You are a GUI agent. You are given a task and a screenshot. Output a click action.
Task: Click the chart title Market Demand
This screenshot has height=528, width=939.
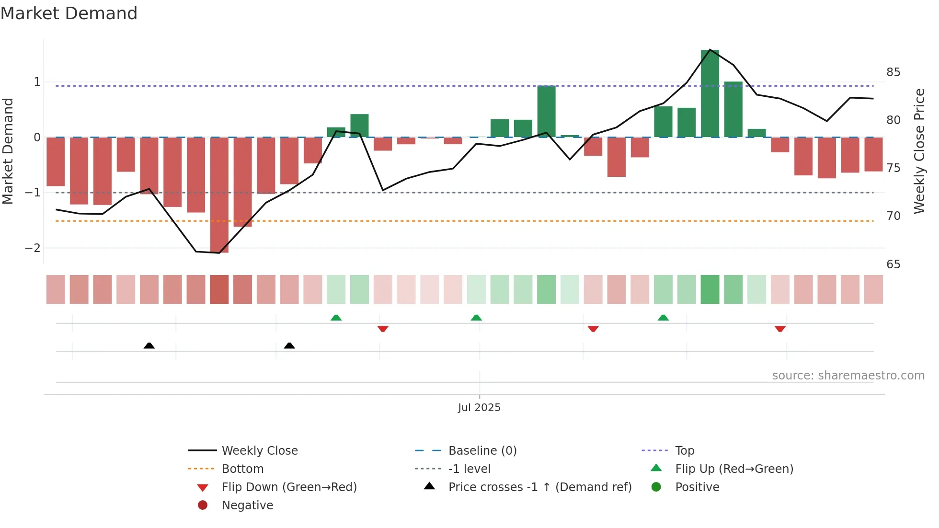click(69, 13)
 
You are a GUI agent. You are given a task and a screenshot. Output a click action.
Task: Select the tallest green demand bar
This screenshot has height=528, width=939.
click(710, 93)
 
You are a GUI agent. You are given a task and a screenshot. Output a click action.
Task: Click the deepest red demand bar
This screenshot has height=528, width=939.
click(219, 195)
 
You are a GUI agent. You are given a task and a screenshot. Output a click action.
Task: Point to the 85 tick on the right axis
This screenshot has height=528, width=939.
click(893, 72)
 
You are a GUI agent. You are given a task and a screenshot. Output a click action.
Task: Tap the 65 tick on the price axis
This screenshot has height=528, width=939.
click(893, 264)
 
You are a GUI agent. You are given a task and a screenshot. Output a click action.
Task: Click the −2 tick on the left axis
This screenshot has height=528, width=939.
click(33, 248)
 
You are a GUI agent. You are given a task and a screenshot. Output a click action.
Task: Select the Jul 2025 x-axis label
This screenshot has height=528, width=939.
click(479, 408)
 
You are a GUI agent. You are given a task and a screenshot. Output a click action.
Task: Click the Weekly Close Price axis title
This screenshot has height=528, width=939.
click(919, 151)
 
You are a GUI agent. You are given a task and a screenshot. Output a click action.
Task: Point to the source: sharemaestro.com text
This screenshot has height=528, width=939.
click(848, 376)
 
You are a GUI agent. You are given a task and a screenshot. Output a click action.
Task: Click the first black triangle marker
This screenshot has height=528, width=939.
click(149, 345)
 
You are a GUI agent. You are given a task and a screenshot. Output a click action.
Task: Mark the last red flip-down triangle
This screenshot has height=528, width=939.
click(780, 329)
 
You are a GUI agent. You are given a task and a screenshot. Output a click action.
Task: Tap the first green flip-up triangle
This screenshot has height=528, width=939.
click(336, 318)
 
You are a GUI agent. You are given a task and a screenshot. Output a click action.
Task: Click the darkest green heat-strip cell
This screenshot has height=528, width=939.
click(710, 289)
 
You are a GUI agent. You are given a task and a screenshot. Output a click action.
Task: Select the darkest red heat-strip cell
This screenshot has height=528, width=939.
click(219, 289)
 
